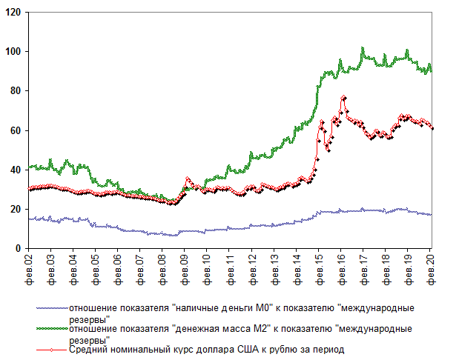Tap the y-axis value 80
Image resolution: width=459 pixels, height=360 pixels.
pos(16,91)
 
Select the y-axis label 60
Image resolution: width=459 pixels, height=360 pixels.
pos(16,130)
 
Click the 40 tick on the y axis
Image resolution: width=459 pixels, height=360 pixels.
pos(16,170)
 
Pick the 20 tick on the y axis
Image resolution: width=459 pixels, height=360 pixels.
pos(16,210)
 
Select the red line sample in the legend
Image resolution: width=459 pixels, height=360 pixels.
pos(50,349)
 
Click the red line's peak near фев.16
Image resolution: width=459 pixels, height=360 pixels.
pos(343,97)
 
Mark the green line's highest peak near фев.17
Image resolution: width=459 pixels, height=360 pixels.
pos(363,48)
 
